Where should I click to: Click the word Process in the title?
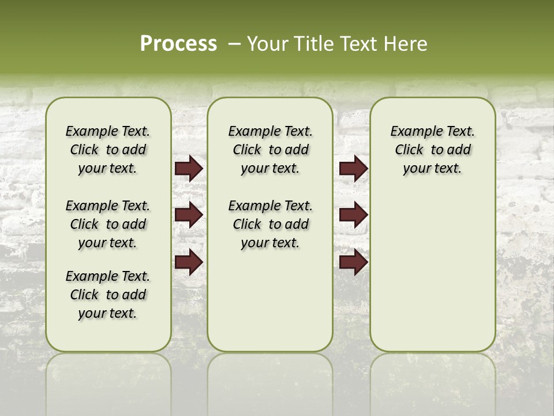pyautogui.click(x=178, y=44)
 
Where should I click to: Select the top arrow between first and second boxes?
pyautogui.click(x=189, y=169)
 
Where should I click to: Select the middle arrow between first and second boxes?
pyautogui.click(x=189, y=215)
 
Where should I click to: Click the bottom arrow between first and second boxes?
pyautogui.click(x=189, y=262)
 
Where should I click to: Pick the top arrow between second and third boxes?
pyautogui.click(x=353, y=169)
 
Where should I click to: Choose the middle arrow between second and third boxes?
pyautogui.click(x=353, y=215)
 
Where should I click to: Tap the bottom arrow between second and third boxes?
pyautogui.click(x=353, y=262)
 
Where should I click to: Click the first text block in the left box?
pyautogui.click(x=108, y=150)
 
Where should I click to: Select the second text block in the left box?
pyautogui.click(x=108, y=224)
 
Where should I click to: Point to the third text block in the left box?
pyautogui.click(x=108, y=295)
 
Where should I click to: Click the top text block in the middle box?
pyautogui.click(x=270, y=150)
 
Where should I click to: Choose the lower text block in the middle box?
pyautogui.click(x=270, y=224)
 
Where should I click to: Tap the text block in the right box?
pyautogui.click(x=433, y=150)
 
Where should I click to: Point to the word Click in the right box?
pyautogui.click(x=409, y=150)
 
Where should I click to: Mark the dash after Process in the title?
pyautogui.click(x=234, y=44)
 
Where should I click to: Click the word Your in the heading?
pyautogui.click(x=267, y=44)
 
